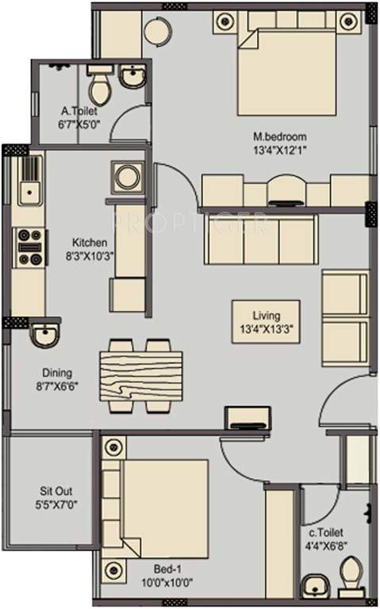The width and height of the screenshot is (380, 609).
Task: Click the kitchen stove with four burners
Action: [x=29, y=246]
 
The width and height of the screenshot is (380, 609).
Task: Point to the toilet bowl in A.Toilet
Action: [x=99, y=80]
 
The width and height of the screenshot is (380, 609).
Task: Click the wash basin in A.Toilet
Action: [x=130, y=78]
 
